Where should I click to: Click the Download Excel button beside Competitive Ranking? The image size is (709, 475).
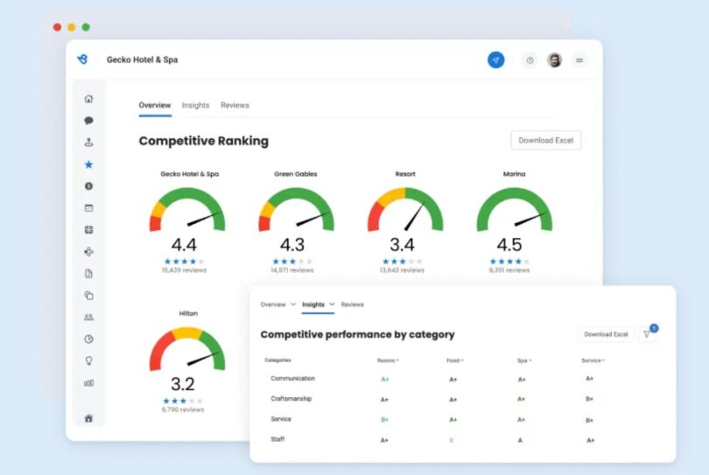[x=545, y=140]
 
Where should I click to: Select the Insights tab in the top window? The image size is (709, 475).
[x=195, y=105]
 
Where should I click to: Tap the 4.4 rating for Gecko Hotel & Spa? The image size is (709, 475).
[x=184, y=245]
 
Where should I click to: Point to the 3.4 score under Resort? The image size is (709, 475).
[x=402, y=245]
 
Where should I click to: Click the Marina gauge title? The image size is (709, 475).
[x=514, y=174]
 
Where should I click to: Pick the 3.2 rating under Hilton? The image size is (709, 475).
[x=183, y=384]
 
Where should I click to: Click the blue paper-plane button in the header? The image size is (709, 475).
[x=496, y=60]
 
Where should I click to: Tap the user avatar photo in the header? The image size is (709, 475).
[x=554, y=60]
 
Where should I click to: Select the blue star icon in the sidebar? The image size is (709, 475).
[x=88, y=164]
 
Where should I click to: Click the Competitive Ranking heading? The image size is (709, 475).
[x=204, y=141]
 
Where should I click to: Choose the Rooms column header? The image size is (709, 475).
[x=386, y=360]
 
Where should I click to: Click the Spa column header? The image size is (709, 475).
[x=523, y=360]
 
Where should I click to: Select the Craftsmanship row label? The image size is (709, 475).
[x=291, y=399]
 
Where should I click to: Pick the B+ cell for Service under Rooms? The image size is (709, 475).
[x=384, y=420]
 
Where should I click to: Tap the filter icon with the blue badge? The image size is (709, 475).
[x=647, y=334]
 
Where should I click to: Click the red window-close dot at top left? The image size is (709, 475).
[x=57, y=27]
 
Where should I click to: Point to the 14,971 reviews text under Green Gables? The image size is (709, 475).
[x=292, y=270]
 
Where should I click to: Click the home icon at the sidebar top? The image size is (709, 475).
[x=88, y=99]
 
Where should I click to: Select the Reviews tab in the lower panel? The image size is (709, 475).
[x=352, y=304]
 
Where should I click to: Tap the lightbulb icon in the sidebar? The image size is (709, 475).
[x=88, y=360]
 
